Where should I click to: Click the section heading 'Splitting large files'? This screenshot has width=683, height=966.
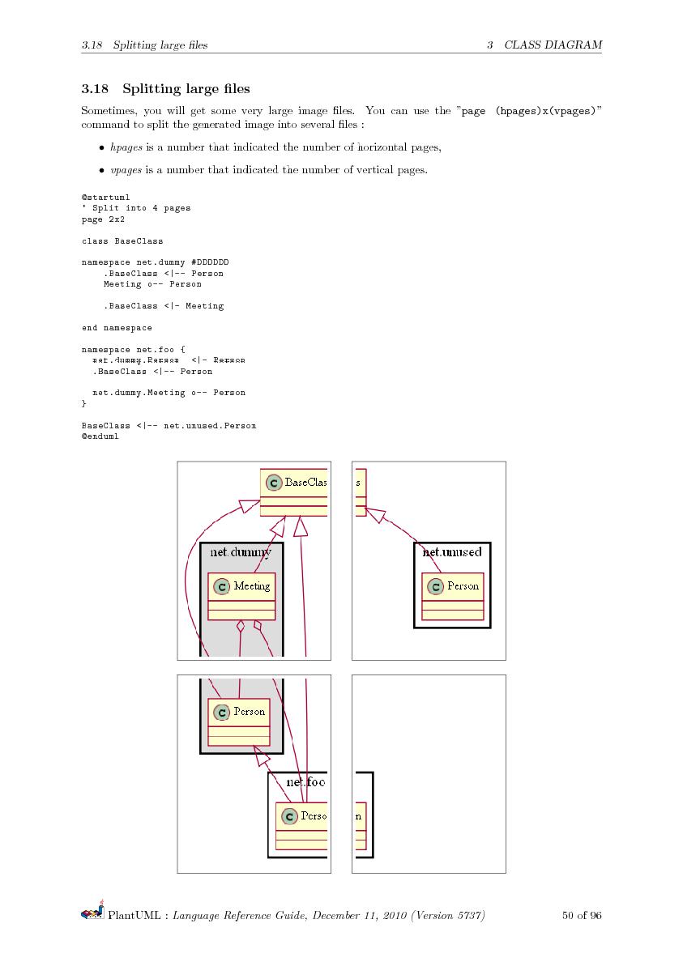pyautogui.click(x=186, y=88)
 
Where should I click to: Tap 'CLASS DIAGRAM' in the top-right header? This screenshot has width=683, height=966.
pyautogui.click(x=553, y=45)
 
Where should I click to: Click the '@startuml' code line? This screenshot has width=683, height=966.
pyautogui.click(x=105, y=197)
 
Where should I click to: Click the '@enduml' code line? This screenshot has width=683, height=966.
pyautogui.click(x=100, y=436)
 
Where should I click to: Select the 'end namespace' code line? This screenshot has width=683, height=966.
pyautogui.click(x=117, y=327)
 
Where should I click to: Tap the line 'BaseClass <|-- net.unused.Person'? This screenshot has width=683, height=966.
pyautogui.click(x=169, y=425)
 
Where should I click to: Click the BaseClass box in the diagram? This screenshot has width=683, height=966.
pyautogui.click(x=295, y=492)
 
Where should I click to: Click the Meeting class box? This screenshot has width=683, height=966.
pyautogui.click(x=241, y=596)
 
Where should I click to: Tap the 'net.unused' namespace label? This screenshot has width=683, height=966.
pyautogui.click(x=452, y=551)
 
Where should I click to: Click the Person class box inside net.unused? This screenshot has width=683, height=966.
pyautogui.click(x=452, y=596)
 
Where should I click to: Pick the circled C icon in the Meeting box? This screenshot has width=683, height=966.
pyautogui.click(x=221, y=585)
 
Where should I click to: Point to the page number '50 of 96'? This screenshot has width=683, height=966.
pyautogui.click(x=581, y=916)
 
